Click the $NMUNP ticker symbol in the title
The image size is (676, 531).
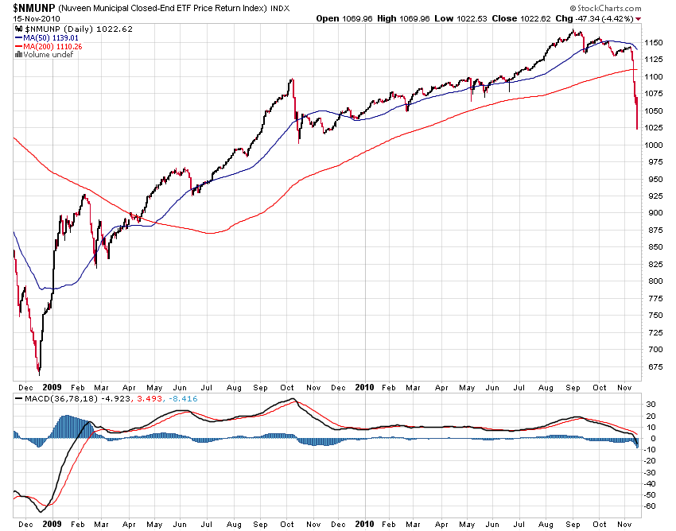pyautogui.click(x=34, y=7)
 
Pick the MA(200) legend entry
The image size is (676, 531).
pyautogui.click(x=54, y=46)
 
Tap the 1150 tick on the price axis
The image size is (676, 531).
pyautogui.click(x=655, y=42)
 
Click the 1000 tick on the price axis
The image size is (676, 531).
pyautogui.click(x=655, y=145)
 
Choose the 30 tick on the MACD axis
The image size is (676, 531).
pyautogui.click(x=651, y=404)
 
